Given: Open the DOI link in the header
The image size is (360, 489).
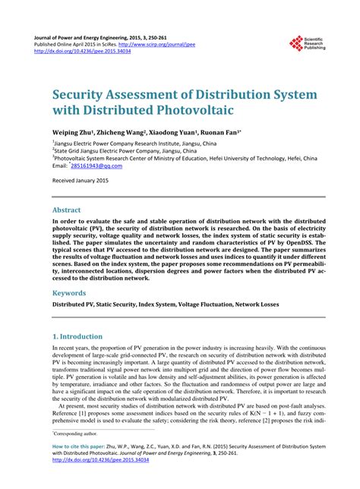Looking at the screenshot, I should (76, 52).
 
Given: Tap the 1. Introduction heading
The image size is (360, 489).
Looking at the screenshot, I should (77, 336).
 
